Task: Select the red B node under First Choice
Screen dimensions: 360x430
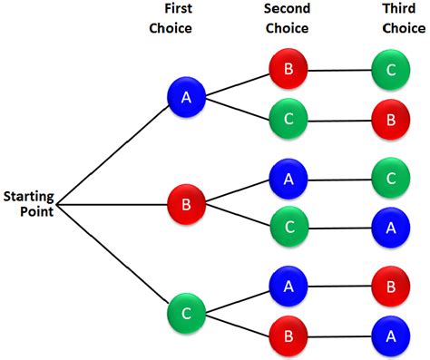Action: pos(186,204)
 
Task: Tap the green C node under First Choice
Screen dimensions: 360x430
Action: pos(186,313)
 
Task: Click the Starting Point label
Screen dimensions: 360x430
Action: pos(27,203)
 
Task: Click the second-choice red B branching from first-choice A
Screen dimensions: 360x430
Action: pos(288,67)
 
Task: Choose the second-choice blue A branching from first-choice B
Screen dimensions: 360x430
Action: pos(288,179)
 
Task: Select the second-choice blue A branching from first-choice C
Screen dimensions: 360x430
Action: pos(288,287)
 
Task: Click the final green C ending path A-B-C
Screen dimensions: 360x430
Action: pos(391,67)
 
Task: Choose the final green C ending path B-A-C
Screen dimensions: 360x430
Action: pos(391,179)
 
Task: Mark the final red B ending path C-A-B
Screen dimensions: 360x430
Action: pos(391,287)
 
